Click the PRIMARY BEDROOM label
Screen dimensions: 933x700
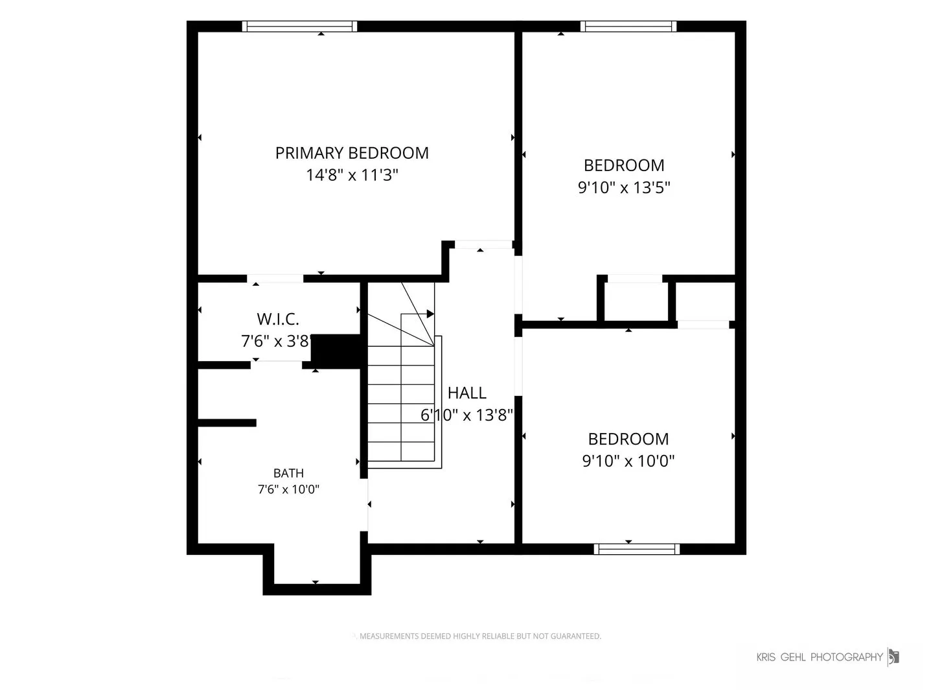coord(352,153)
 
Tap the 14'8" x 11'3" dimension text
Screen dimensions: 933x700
coord(352,175)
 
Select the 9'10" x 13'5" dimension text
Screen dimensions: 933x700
coord(624,187)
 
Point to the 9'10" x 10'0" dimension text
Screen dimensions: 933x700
coord(628,461)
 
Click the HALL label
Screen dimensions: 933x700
coord(466,393)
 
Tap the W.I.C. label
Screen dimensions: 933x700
coord(278,319)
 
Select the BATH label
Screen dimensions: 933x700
coord(288,473)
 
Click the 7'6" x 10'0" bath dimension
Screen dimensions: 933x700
coord(288,489)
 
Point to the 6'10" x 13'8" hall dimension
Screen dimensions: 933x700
coord(466,415)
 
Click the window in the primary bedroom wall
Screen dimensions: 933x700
coord(300,27)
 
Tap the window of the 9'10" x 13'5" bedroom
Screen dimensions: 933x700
coord(628,27)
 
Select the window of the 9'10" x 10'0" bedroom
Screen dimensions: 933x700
coord(637,549)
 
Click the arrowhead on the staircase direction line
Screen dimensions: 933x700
coord(431,314)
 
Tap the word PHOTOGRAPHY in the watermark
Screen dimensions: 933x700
coord(847,657)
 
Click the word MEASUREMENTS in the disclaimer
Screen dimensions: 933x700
coord(389,636)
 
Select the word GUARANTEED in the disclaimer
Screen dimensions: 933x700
coord(576,636)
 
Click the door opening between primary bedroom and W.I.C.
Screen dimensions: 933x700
coord(275,279)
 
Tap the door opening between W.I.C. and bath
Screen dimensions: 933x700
coord(276,365)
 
